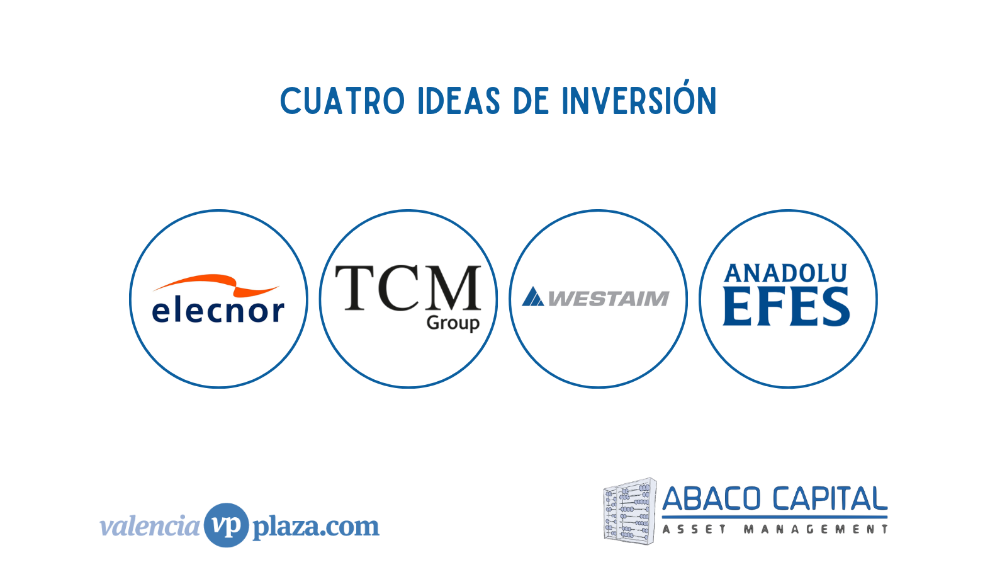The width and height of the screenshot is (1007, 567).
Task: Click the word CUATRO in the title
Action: click(x=342, y=101)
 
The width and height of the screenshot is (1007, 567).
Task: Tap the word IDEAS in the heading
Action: click(x=459, y=101)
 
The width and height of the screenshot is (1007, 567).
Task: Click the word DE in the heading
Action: click(x=531, y=101)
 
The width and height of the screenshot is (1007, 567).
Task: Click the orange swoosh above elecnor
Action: click(x=217, y=285)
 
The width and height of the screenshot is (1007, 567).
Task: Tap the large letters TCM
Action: click(x=408, y=288)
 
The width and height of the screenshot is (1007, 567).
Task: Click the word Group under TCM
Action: click(x=453, y=324)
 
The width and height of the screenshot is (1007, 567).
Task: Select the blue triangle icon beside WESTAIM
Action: click(x=533, y=297)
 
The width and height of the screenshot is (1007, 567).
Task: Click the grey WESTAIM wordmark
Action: click(x=609, y=299)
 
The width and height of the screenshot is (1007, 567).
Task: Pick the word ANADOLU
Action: click(x=785, y=273)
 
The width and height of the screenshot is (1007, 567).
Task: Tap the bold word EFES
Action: click(x=786, y=307)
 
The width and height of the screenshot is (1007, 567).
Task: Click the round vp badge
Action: click(x=226, y=525)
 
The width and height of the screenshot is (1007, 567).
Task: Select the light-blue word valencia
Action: click(x=150, y=525)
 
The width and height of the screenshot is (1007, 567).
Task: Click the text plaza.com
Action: click(x=316, y=527)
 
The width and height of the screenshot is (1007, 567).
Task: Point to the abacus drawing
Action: click(x=629, y=511)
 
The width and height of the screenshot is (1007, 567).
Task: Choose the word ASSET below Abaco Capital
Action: click(x=695, y=529)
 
